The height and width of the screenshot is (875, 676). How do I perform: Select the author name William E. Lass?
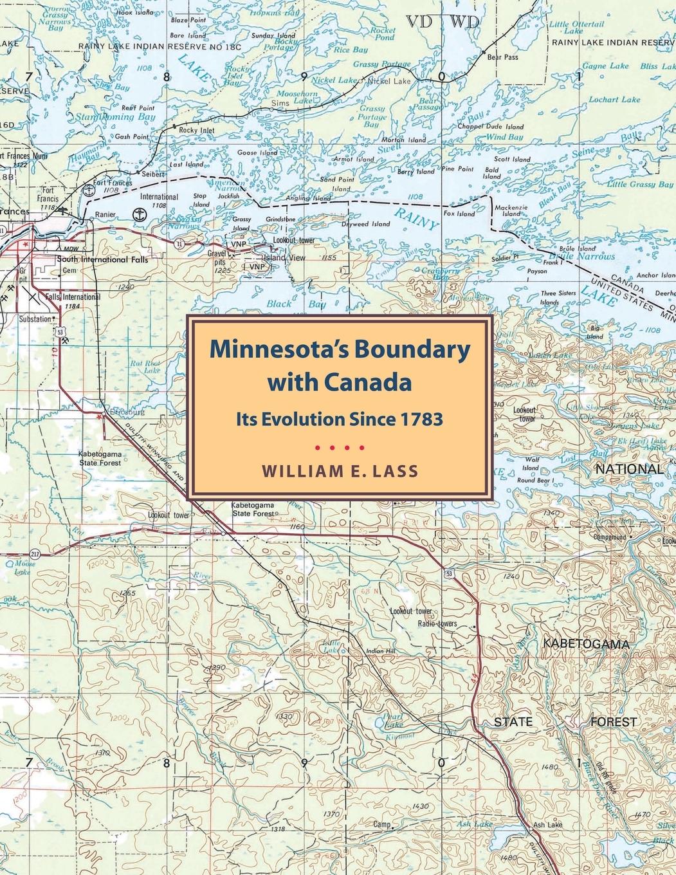339,470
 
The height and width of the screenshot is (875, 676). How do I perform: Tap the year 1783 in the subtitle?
422,419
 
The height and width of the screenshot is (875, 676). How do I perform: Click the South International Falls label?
102,260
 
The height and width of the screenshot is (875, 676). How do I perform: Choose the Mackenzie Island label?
511,212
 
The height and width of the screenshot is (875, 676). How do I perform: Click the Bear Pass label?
502,57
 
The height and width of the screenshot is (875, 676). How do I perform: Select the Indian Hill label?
379,651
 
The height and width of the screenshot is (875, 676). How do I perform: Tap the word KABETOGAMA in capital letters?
585,644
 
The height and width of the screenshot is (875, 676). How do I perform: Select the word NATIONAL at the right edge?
629,469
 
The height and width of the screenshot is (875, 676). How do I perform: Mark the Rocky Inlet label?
196,131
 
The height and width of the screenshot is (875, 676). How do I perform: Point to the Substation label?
34,318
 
